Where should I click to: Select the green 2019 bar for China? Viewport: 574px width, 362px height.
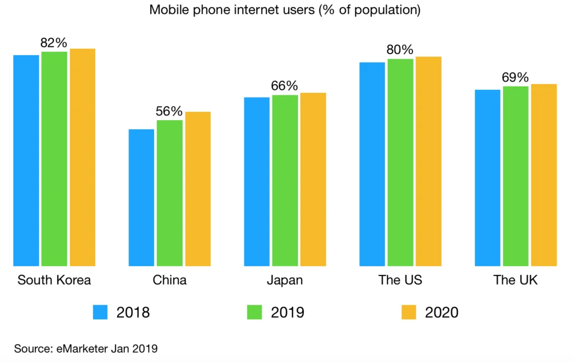point(169,193)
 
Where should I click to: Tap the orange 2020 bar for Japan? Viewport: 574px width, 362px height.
point(313,180)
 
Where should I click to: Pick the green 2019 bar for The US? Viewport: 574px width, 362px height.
point(400,162)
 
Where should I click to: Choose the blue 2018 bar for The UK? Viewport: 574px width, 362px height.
point(487,178)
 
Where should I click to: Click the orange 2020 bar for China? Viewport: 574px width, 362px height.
point(198,189)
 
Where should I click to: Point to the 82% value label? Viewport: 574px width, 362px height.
point(54,43)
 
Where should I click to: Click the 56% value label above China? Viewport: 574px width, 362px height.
point(169,111)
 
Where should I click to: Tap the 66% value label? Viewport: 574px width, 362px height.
point(284,86)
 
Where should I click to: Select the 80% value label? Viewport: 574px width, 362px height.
point(400,50)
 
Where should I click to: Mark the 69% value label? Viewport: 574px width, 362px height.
point(515,77)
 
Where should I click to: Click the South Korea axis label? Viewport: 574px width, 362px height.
point(54,280)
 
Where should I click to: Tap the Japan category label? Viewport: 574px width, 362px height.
point(284,280)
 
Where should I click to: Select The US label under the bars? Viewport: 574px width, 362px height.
point(400,280)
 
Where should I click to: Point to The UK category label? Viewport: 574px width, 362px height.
point(515,280)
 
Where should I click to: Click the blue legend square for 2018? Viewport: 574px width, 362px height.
point(100,313)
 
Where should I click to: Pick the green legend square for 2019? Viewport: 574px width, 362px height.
point(255,313)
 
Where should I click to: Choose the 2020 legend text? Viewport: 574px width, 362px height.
point(442,313)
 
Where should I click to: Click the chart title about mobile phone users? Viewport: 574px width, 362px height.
point(285,10)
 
